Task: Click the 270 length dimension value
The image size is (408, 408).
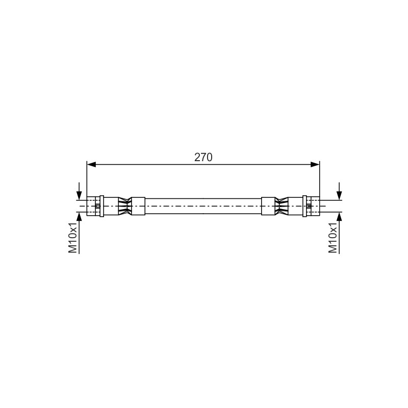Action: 203,157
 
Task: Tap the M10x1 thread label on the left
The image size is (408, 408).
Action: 73,238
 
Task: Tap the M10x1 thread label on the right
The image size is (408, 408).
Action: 333,238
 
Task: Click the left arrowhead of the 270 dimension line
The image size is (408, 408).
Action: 91,164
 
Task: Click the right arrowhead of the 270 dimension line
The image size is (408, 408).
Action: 315,164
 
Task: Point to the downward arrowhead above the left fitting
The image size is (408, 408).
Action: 79,195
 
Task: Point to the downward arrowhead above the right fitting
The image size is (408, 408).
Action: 339,195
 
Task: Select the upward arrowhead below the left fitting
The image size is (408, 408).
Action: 79,216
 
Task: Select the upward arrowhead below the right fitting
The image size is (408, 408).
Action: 339,216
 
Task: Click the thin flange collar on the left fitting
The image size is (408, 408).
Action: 101,206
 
